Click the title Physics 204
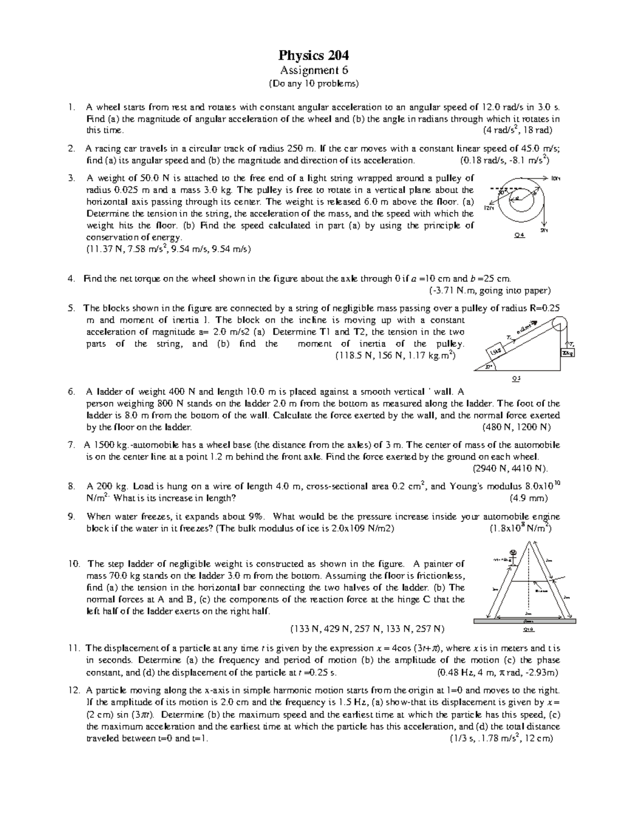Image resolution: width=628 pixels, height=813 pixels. (313, 55)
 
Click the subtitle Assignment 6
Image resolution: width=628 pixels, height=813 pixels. (313, 70)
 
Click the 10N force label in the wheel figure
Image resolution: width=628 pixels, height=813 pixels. (555, 179)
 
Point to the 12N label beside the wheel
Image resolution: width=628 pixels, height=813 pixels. (489, 208)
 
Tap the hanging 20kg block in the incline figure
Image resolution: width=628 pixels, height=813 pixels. (568, 354)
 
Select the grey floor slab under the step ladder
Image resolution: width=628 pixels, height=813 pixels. (524, 621)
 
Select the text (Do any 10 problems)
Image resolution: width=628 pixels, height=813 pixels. (313, 84)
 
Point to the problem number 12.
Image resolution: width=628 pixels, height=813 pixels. (73, 690)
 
